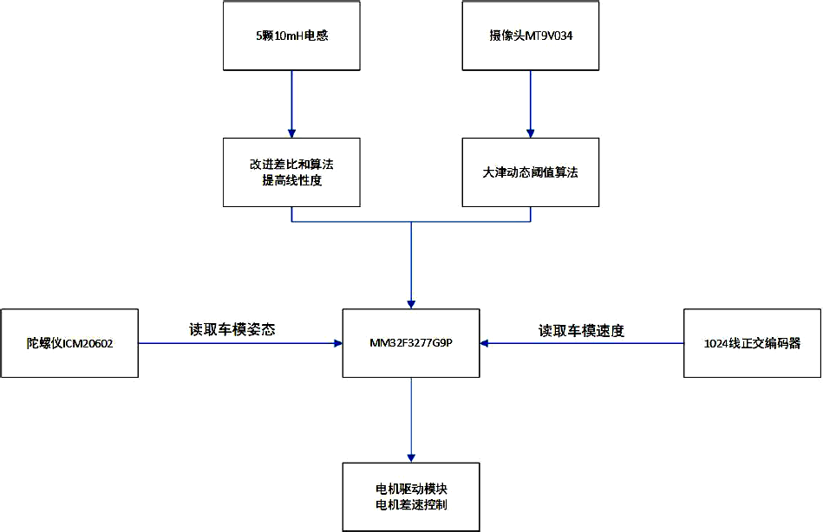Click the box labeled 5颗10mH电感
pos(291,36)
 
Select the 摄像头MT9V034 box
pos(531,36)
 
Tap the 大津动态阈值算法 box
pos(531,172)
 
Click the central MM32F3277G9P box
pos(411,343)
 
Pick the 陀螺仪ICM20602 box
pos(69,343)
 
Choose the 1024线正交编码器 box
pos(752,343)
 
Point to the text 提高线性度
pos(291,180)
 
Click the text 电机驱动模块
pos(411,490)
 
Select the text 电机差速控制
pos(411,505)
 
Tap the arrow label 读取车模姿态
pos(232,329)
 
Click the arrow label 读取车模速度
pos(581,330)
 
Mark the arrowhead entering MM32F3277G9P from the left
pos(337,343)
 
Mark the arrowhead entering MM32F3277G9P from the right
pos(485,343)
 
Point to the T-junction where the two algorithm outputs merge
pos(411,222)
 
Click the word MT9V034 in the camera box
pos(549,36)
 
